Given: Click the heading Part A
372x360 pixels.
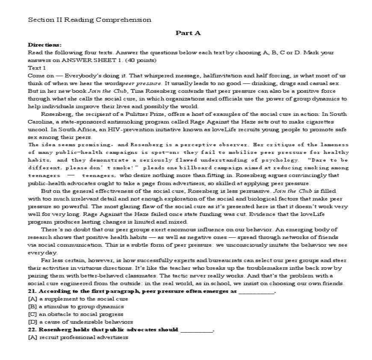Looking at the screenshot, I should [x=188, y=33].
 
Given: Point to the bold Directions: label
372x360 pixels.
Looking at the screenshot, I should [x=44, y=44].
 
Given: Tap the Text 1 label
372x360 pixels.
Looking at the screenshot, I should [x=37, y=68].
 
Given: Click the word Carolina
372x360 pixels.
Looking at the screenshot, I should [x=39, y=121].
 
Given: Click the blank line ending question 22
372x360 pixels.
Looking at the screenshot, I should [x=196, y=330].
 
